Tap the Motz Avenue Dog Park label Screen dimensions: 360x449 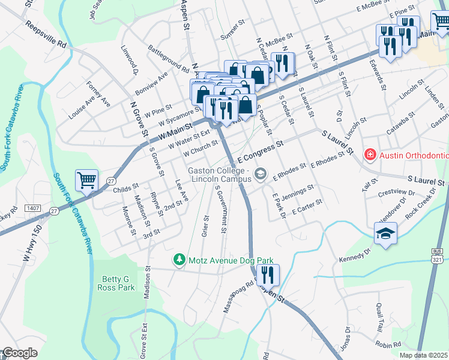[231, 260]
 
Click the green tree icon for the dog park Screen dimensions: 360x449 [178, 260]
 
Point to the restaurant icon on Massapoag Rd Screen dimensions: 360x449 [267, 275]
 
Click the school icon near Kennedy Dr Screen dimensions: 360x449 [385, 234]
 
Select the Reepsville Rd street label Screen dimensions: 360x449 [46, 34]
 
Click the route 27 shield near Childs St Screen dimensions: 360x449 [110, 181]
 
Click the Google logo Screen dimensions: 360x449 [19, 353]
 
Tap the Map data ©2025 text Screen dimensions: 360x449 [424, 355]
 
